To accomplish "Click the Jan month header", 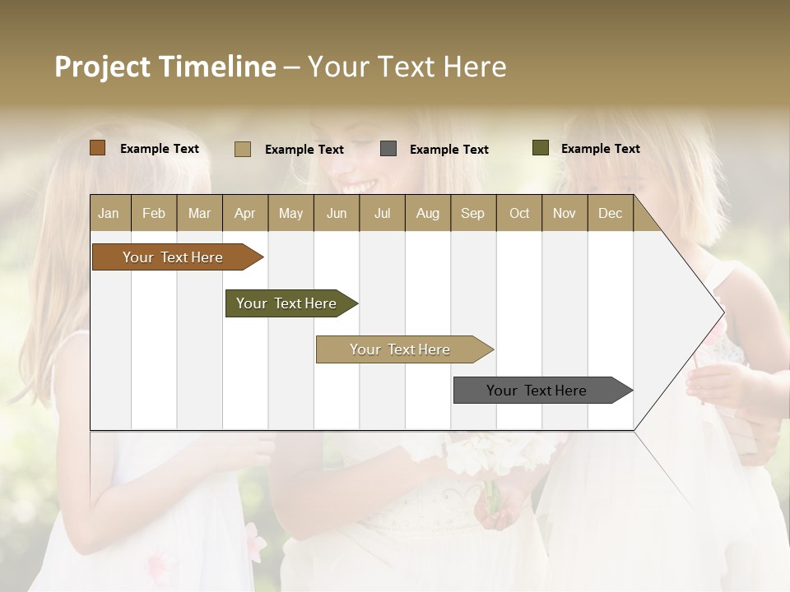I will pyautogui.click(x=109, y=213).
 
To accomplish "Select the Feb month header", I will pyautogui.click(x=154, y=213).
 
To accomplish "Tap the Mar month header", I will pyautogui.click(x=199, y=213).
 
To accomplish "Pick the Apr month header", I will pyautogui.click(x=245, y=213).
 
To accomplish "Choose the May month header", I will pyautogui.click(x=290, y=213).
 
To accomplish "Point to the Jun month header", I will pyautogui.click(x=337, y=213).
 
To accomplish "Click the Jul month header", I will pyautogui.click(x=382, y=213).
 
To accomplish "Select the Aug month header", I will pyautogui.click(x=428, y=213).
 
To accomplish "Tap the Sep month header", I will pyautogui.click(x=473, y=213).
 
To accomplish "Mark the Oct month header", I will pyautogui.click(x=519, y=213).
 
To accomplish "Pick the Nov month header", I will pyautogui.click(x=565, y=213).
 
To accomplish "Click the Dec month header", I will pyautogui.click(x=611, y=213).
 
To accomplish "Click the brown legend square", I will pyautogui.click(x=98, y=148).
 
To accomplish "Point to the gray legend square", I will pyautogui.click(x=388, y=149).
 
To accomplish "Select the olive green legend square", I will pyautogui.click(x=541, y=148).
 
